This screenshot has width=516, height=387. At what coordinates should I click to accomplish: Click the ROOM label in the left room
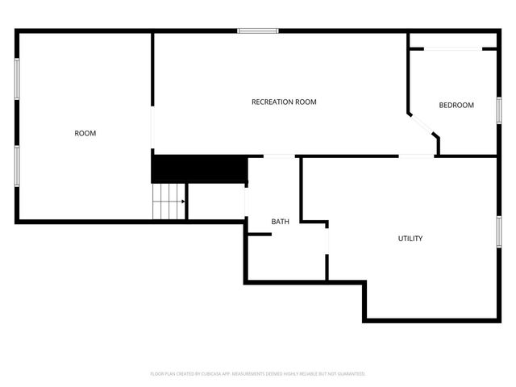coord(85,133)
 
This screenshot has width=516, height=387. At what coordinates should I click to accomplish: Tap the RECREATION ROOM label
coord(284,102)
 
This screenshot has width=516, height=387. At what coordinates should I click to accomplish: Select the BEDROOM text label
coord(456,106)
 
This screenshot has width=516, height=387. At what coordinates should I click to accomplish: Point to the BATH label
coord(280,221)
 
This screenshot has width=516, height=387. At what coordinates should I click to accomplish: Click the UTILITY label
coord(410,239)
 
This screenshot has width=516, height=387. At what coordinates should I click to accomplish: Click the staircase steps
coord(169,201)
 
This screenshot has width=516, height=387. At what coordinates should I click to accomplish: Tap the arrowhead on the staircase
coord(184,202)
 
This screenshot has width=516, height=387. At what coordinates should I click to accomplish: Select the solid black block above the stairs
coord(199,169)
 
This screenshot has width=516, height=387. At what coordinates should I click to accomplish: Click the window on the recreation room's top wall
coord(257,31)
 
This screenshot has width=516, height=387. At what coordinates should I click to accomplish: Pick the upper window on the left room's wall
coord(16,80)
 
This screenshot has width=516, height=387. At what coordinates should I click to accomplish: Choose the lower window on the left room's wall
coord(16,166)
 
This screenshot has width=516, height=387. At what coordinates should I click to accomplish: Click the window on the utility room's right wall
coord(498,230)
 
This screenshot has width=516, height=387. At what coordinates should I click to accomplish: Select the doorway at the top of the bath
coord(278,156)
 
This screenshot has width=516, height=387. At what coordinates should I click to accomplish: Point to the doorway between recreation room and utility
coord(417,156)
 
